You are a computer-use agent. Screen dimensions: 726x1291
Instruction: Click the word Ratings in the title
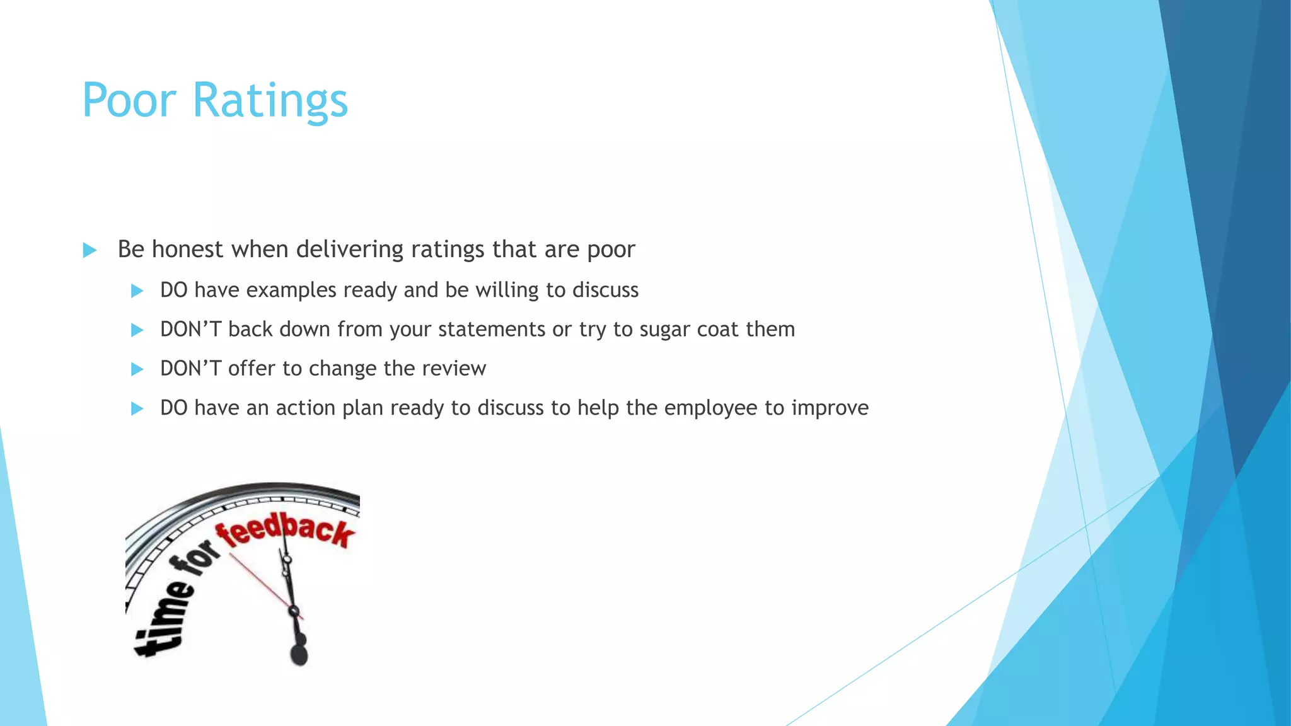pos(270,101)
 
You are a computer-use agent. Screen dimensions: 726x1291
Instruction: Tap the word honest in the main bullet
pos(188,249)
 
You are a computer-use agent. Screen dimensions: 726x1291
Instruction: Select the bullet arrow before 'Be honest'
pos(90,250)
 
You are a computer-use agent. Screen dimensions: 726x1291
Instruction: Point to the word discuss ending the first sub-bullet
pos(605,290)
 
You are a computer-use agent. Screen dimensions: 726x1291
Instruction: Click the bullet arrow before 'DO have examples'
pos(137,291)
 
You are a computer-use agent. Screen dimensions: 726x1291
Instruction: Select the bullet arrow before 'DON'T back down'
pos(137,330)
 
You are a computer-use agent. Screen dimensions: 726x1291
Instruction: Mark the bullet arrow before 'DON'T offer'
pos(137,369)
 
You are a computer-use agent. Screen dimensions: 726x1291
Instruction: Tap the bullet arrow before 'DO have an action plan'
pos(137,409)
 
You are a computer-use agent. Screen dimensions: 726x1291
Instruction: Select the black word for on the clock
pos(195,557)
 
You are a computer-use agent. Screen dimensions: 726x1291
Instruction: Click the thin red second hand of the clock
pos(258,580)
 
